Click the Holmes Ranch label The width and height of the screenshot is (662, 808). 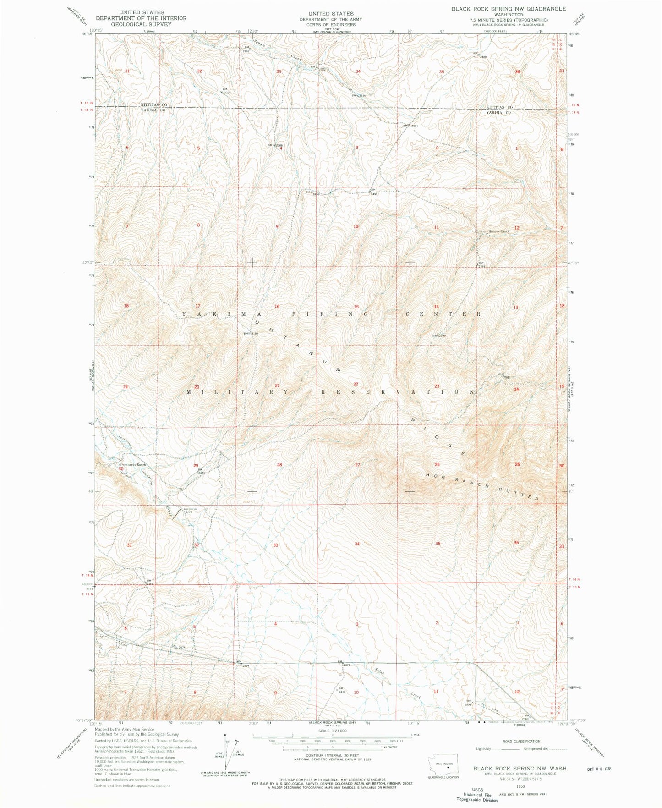498,231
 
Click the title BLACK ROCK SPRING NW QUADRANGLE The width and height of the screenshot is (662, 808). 508,9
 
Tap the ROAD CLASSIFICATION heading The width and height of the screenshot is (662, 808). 521,741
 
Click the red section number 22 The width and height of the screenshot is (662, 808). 356,384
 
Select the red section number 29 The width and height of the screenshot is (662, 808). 196,465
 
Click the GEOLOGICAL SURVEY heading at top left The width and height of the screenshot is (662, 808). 141,24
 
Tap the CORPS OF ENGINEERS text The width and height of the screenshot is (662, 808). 331,25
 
